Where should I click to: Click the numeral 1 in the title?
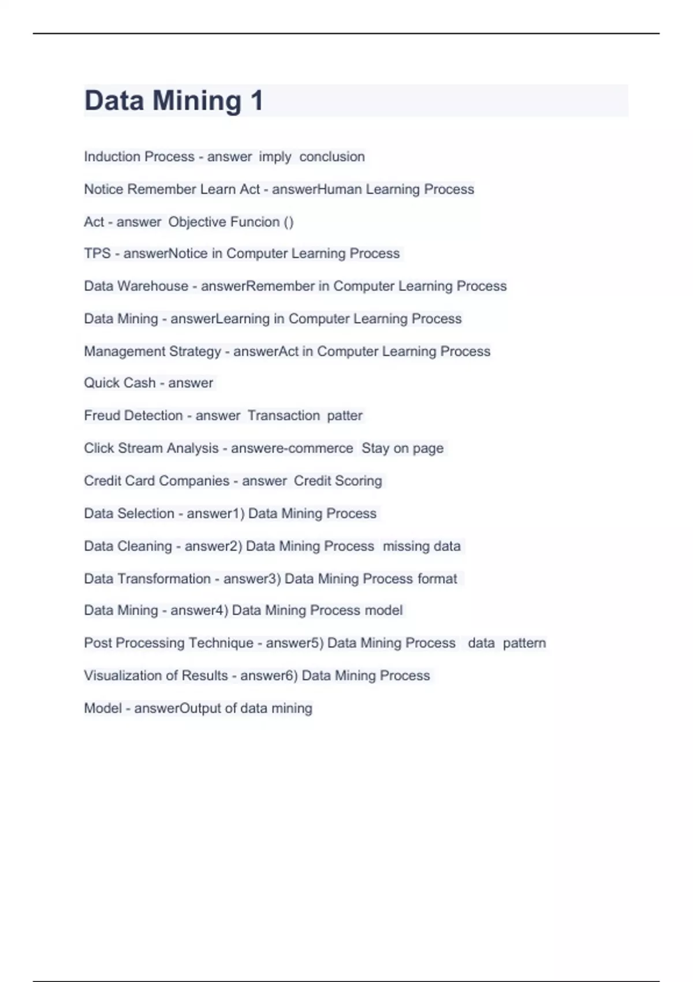(256, 101)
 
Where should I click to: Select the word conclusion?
(332, 157)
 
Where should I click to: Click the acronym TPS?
(97, 254)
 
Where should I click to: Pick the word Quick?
(99, 383)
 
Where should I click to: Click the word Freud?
(102, 415)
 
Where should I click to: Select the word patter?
(345, 415)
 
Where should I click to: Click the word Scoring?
(359, 481)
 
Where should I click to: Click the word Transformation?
(164, 579)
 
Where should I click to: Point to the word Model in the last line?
(103, 708)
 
